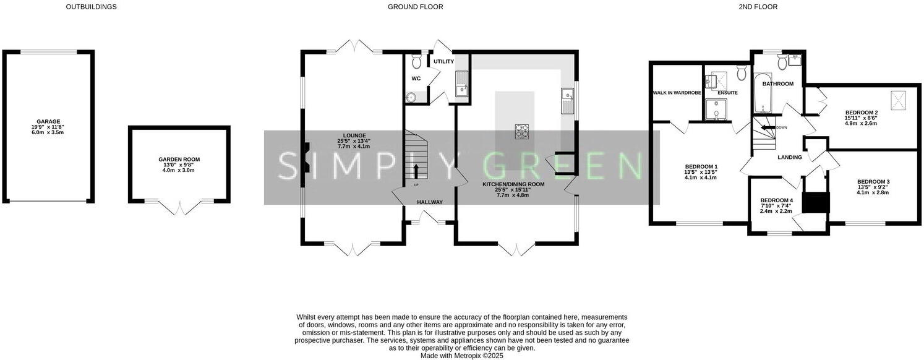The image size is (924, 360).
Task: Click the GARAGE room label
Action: click(49, 122)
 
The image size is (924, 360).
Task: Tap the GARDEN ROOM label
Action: click(179, 160)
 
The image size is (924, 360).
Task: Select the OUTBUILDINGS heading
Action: click(91, 7)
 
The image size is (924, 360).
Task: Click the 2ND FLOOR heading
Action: click(758, 7)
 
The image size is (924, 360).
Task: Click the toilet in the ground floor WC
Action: click(416, 61)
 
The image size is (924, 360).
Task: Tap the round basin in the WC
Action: click(411, 97)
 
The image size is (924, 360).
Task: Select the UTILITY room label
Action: click(443, 62)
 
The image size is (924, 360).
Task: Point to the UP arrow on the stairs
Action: click(416, 171)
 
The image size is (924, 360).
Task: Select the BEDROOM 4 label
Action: click(776, 200)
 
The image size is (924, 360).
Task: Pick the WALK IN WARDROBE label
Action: click(677, 93)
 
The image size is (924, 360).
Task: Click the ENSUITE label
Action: click(727, 93)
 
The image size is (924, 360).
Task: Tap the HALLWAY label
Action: click(429, 202)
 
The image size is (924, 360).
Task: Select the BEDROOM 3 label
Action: click(873, 182)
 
